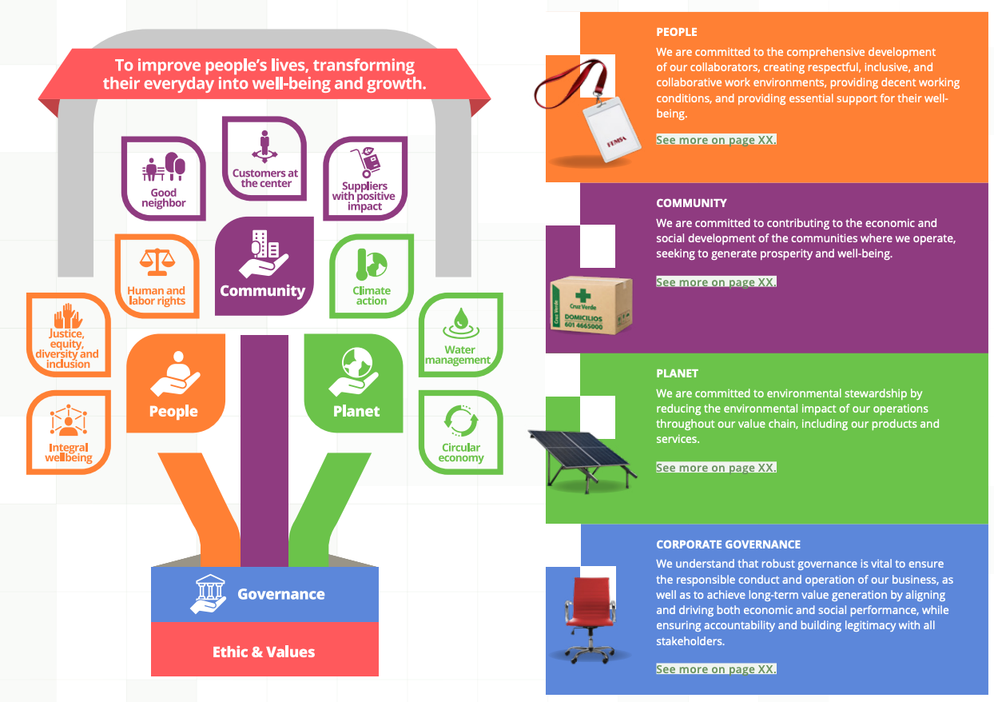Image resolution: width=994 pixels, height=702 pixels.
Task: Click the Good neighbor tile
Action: coord(163,178)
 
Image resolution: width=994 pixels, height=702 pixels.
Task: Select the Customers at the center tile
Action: coord(264,158)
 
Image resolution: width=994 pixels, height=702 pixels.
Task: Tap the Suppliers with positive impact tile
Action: coord(365,178)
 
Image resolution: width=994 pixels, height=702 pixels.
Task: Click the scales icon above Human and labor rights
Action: coord(157,262)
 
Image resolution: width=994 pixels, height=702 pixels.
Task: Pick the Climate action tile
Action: coord(372,276)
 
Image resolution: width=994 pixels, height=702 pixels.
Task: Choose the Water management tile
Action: coord(460,335)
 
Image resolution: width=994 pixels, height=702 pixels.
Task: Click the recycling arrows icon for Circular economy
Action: coord(461,421)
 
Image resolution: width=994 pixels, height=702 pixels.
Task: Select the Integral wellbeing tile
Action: coord(69,433)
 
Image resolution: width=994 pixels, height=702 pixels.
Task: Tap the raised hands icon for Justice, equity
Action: coord(68,316)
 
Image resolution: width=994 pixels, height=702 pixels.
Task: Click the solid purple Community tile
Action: coord(264,266)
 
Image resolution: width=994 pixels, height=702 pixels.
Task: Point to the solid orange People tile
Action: coord(176,383)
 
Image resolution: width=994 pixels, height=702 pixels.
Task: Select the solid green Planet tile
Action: coord(354,383)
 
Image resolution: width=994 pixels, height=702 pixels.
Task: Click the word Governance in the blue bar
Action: coord(281,594)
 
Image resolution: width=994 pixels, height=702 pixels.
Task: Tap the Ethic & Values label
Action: coord(264,652)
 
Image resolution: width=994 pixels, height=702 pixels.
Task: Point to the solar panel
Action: coord(582,461)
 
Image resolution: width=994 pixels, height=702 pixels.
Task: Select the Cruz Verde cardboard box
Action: coord(591,305)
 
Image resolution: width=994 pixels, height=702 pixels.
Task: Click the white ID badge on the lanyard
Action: coord(611,129)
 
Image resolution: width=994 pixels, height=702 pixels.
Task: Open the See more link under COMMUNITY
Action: coord(716,282)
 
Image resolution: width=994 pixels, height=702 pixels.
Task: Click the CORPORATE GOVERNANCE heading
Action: coord(728,544)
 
